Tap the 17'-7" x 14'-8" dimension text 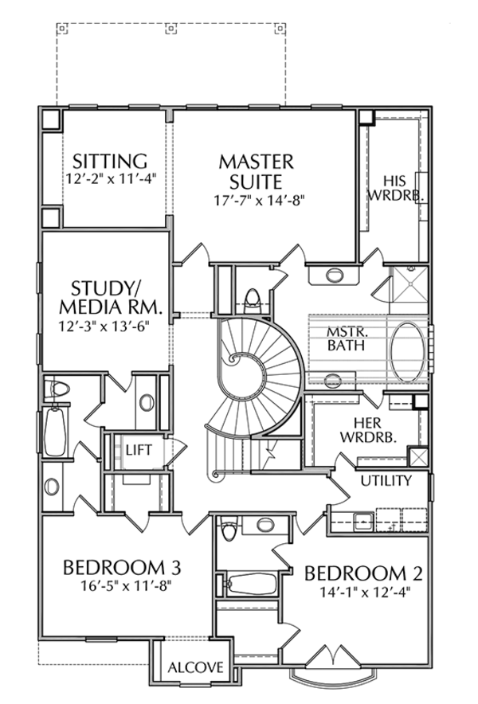tap(257, 199)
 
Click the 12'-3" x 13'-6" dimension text tap(106, 325)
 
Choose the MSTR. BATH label tap(346, 338)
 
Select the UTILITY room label tap(386, 481)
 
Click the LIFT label tap(138, 450)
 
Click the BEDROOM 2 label tap(363, 573)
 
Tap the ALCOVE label tap(195, 667)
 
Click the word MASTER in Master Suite tap(257, 162)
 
